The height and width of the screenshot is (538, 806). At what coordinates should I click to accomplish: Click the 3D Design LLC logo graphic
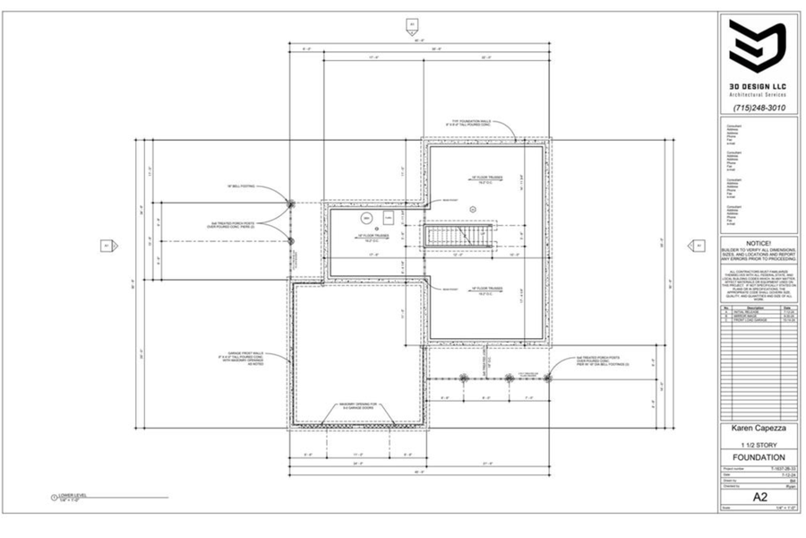click(x=757, y=47)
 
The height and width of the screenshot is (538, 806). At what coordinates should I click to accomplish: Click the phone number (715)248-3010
click(x=759, y=108)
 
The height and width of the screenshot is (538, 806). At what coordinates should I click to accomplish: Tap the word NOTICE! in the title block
click(x=759, y=242)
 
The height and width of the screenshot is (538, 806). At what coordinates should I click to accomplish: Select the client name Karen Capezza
click(x=758, y=430)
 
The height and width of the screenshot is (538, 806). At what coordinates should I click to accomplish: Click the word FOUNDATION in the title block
click(x=758, y=457)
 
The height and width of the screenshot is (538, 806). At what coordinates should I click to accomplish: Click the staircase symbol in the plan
click(x=459, y=238)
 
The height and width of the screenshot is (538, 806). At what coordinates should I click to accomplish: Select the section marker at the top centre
click(x=412, y=24)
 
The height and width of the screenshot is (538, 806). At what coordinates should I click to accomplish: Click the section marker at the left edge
click(x=106, y=244)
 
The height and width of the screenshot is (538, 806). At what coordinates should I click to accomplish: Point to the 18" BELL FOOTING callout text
click(x=242, y=187)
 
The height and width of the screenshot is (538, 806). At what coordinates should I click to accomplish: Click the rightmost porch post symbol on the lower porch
click(x=509, y=377)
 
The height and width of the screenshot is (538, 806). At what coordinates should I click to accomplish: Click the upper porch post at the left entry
click(x=291, y=204)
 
